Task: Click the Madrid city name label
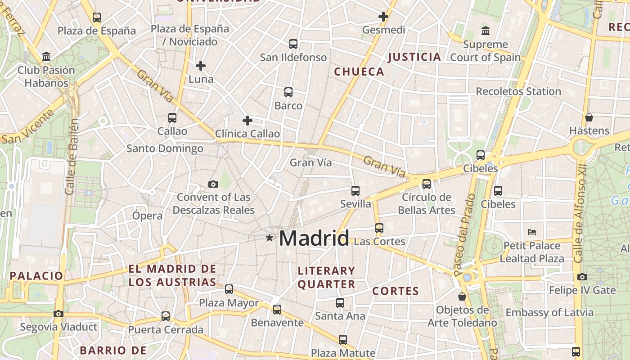tap(314, 238)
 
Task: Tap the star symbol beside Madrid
tap(269, 238)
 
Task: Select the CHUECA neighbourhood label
tap(359, 72)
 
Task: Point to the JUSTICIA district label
tap(414, 57)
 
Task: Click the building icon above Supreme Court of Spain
tap(485, 31)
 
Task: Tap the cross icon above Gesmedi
tap(383, 17)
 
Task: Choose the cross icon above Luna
tap(201, 66)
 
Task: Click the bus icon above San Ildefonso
tap(293, 44)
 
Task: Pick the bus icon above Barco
tap(288, 92)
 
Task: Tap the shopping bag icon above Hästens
tap(589, 117)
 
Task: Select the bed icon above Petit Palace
tap(532, 232)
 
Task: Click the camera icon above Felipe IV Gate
tap(582, 277)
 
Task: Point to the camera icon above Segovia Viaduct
tap(58, 314)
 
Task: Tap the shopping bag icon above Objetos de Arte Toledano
tap(462, 297)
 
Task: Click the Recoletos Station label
tap(518, 91)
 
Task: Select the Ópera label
tap(147, 216)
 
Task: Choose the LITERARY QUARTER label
tap(326, 277)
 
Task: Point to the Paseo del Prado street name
tap(464, 234)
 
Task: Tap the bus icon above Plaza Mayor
tap(229, 289)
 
